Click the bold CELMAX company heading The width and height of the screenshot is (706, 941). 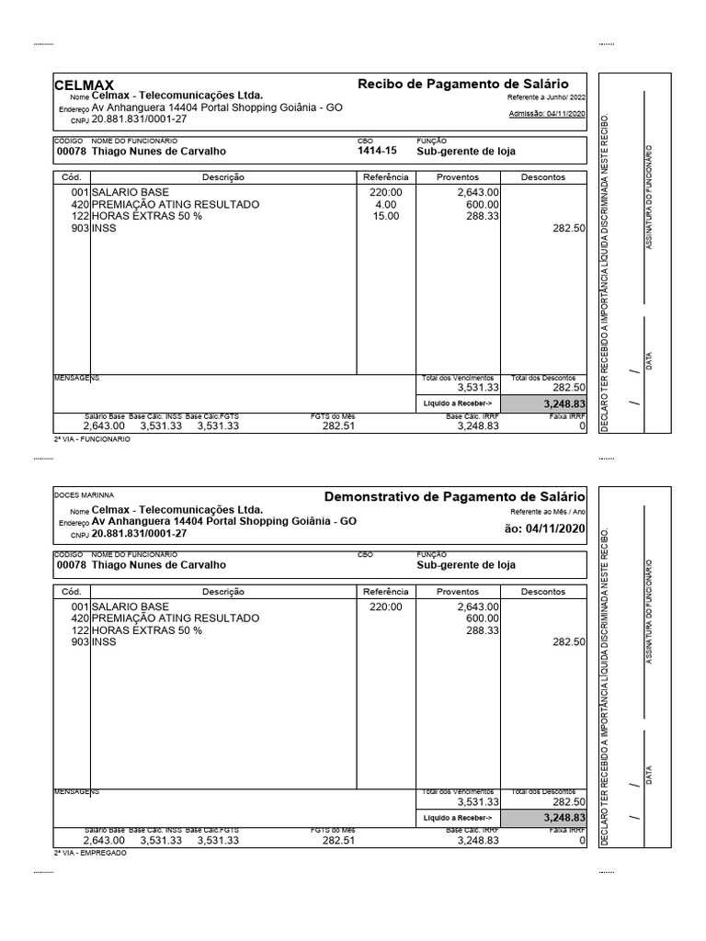pyautogui.click(x=85, y=85)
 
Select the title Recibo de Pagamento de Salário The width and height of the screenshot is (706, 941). pyautogui.click(x=462, y=84)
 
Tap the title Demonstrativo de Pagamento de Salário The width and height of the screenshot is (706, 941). pyautogui.click(x=454, y=496)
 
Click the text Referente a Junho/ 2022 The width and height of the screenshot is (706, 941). pyautogui.click(x=546, y=97)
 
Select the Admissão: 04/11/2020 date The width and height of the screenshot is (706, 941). pyautogui.click(x=546, y=114)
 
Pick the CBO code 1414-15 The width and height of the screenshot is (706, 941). pyautogui.click(x=377, y=152)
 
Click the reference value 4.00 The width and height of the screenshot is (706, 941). pyautogui.click(x=385, y=204)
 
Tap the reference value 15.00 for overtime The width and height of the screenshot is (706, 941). pyautogui.click(x=385, y=216)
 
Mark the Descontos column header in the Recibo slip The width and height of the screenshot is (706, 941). pyautogui.click(x=543, y=177)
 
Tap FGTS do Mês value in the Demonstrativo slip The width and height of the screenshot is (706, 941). pyautogui.click(x=337, y=840)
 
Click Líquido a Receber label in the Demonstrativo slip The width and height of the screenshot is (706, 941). pyautogui.click(x=457, y=817)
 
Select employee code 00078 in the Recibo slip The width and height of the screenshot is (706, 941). pyautogui.click(x=71, y=152)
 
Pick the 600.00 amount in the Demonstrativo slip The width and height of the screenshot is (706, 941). pyautogui.click(x=483, y=619)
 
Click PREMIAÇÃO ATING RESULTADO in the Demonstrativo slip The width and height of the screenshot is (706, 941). pyautogui.click(x=176, y=619)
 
